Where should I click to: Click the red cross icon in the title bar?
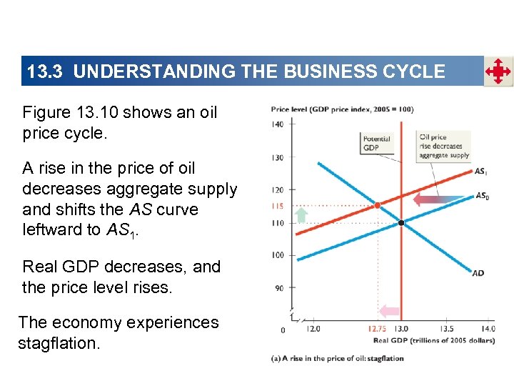[x=498, y=71]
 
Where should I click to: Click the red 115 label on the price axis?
[x=278, y=207]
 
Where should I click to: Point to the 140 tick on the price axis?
[x=278, y=124]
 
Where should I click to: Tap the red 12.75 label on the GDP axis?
[x=378, y=329]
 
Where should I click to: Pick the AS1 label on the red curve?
[x=481, y=172]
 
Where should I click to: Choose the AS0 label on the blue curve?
[x=483, y=195]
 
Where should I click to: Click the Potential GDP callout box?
[x=376, y=143]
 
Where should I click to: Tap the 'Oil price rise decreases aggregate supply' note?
[x=443, y=146]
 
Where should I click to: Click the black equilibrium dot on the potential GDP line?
[x=402, y=223]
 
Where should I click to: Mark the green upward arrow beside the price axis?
[x=301, y=214]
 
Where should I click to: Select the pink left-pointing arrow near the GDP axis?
[x=389, y=311]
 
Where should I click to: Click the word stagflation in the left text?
[x=58, y=344]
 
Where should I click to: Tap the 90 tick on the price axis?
[x=279, y=287]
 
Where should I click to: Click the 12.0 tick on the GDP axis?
[x=312, y=329]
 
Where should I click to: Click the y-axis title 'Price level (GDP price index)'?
[x=342, y=109]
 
